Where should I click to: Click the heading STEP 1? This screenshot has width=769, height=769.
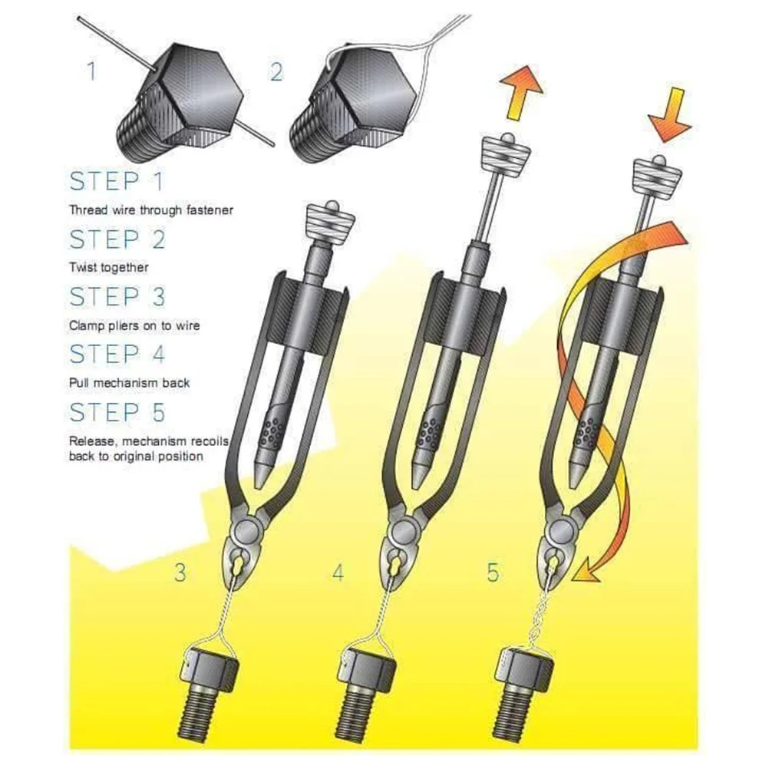pos(117,183)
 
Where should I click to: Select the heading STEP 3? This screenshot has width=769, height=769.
pos(117,296)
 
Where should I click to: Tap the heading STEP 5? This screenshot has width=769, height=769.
pos(117,412)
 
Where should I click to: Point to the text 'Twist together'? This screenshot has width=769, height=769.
pos(108,267)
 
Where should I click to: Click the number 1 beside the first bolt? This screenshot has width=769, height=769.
pos(91,72)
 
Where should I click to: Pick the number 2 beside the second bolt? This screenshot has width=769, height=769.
pos(276,72)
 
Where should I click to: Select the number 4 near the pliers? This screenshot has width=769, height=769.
pos(338,573)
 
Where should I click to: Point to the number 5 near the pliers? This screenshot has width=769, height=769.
pos(492,573)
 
